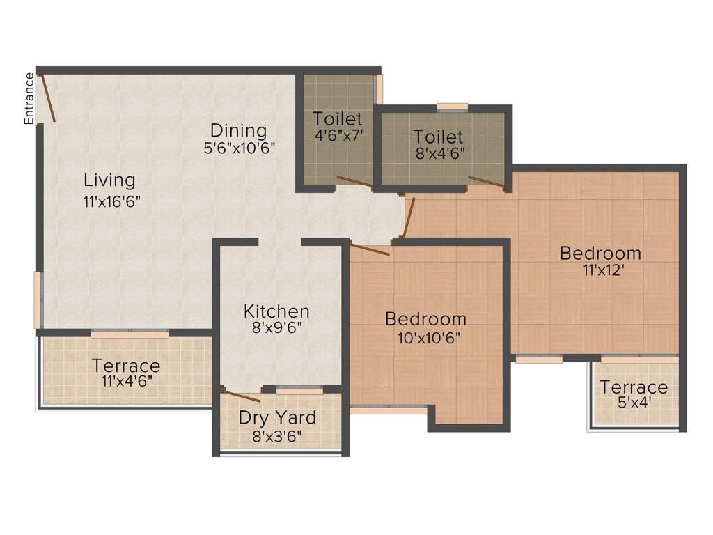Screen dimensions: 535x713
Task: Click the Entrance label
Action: tap(29, 98)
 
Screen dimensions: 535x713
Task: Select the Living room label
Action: tap(109, 180)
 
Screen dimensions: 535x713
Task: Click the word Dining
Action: tap(239, 130)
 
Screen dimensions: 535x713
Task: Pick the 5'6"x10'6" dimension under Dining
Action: tap(240, 148)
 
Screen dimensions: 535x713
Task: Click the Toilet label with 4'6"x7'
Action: tap(337, 118)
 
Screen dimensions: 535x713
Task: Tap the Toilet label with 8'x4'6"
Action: tap(438, 136)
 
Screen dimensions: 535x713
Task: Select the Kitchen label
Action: tap(276, 311)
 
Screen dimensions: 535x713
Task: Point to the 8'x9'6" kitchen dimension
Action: tap(276, 327)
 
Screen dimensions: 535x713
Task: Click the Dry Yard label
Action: tap(277, 418)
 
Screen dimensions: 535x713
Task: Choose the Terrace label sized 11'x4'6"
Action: tap(126, 366)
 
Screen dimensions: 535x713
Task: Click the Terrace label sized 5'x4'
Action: tap(634, 387)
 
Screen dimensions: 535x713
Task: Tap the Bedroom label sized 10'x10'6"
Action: tap(425, 319)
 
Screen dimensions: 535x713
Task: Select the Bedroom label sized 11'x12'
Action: tap(600, 253)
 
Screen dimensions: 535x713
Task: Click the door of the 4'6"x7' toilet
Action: tap(355, 183)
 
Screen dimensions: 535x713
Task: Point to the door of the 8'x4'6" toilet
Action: tap(486, 183)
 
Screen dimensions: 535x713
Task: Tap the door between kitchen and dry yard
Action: tap(242, 395)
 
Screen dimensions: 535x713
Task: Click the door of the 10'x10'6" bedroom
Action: tap(370, 250)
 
